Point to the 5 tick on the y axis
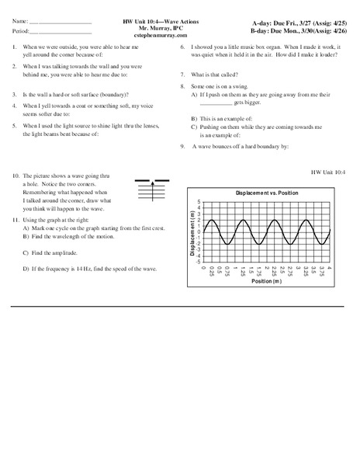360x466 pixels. pos(199,201)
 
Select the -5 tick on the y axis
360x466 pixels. pos(198,262)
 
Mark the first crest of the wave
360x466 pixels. pos(213,219)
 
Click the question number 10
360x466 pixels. pos(16,176)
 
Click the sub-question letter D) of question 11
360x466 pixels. pos(26,268)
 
